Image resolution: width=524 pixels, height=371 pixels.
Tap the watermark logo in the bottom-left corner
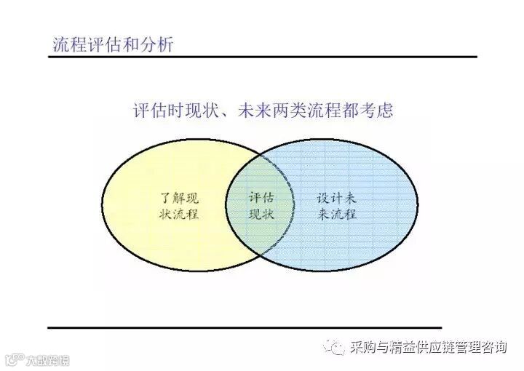click(x=36, y=360)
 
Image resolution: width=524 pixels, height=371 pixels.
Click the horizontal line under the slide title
click(x=262, y=57)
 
